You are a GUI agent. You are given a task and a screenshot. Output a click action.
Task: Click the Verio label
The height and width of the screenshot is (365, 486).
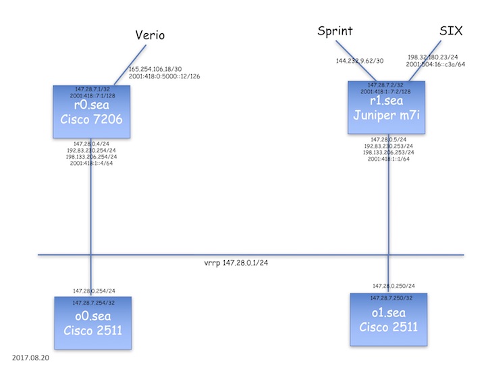[x=150, y=34]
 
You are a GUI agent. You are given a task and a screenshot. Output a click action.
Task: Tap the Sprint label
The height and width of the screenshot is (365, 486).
[x=335, y=30]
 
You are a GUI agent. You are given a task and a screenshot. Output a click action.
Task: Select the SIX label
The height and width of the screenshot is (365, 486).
[x=451, y=30]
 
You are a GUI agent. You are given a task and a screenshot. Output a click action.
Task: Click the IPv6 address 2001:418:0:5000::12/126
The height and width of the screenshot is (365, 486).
[x=165, y=76]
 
